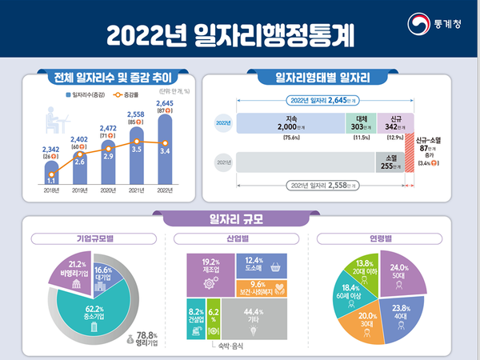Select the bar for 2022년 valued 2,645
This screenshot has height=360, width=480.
(x=166, y=152)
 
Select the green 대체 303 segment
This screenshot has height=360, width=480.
(x=361, y=124)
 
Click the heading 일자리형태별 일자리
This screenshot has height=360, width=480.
(x=322, y=78)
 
